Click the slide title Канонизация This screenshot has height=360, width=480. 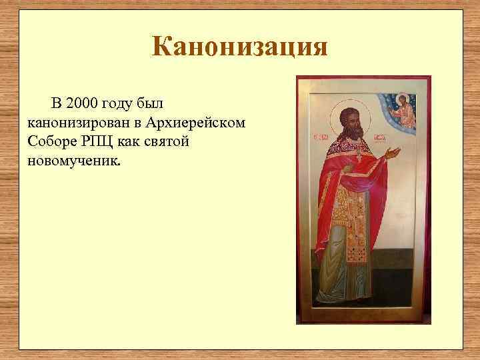239,47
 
